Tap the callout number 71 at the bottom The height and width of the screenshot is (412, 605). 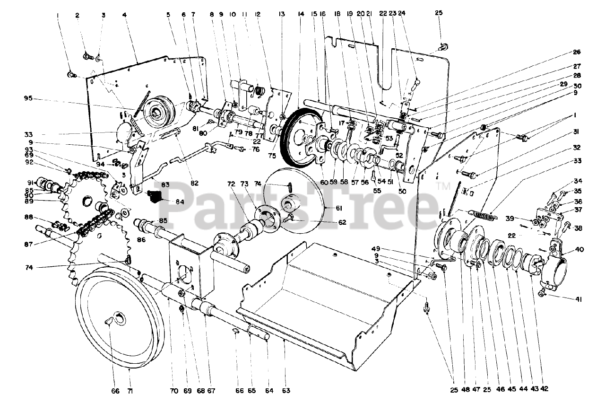pos(129,391)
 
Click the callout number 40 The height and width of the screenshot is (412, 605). pos(579,249)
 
